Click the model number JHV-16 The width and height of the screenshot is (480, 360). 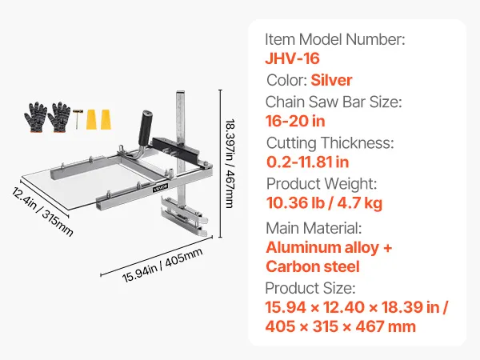tap(292, 58)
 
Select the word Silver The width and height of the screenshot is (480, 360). tap(331, 80)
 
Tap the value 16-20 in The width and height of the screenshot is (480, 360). tap(295, 121)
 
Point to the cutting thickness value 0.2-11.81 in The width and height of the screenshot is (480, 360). tap(307, 162)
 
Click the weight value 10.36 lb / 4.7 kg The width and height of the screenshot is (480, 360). tap(324, 203)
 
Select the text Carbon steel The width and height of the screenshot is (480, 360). tap(313, 266)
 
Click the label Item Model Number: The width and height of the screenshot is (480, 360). tap(335, 39)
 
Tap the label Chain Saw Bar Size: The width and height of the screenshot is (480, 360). tap(334, 102)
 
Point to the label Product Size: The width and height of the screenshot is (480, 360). tap(310, 288)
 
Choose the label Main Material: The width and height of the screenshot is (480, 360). tap(314, 228)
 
